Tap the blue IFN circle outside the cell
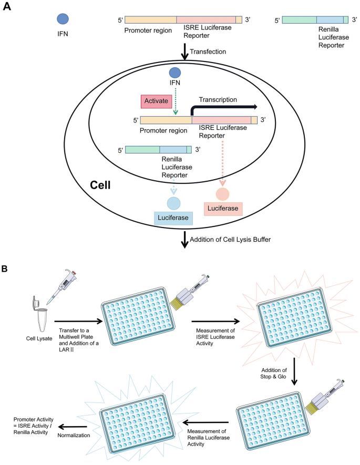click(x=63, y=19)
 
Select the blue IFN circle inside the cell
click(x=175, y=73)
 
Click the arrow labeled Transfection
click(x=184, y=51)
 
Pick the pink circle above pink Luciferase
click(x=223, y=193)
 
